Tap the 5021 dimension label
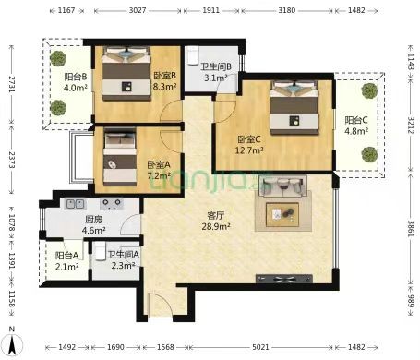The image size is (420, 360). tap(260, 347)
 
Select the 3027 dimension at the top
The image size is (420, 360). tap(138, 10)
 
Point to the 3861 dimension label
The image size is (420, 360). tap(411, 228)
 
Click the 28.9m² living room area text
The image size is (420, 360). tap(216, 227)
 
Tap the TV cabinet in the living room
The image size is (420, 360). tap(284, 279)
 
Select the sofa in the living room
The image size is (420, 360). tap(283, 186)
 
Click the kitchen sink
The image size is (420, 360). tap(75, 204)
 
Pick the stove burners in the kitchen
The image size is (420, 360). tap(112, 204)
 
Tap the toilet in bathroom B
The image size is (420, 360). tap(192, 55)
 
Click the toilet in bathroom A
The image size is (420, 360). tap(100, 252)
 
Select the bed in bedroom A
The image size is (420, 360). tap(120, 158)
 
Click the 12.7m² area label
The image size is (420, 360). tap(249, 150)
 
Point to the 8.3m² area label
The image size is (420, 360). tap(164, 87)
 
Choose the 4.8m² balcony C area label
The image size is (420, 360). tap(356, 131)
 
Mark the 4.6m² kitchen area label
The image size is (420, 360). tap(94, 230)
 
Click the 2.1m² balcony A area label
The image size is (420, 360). tap(67, 267)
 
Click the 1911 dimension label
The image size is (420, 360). tap(211, 10)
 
